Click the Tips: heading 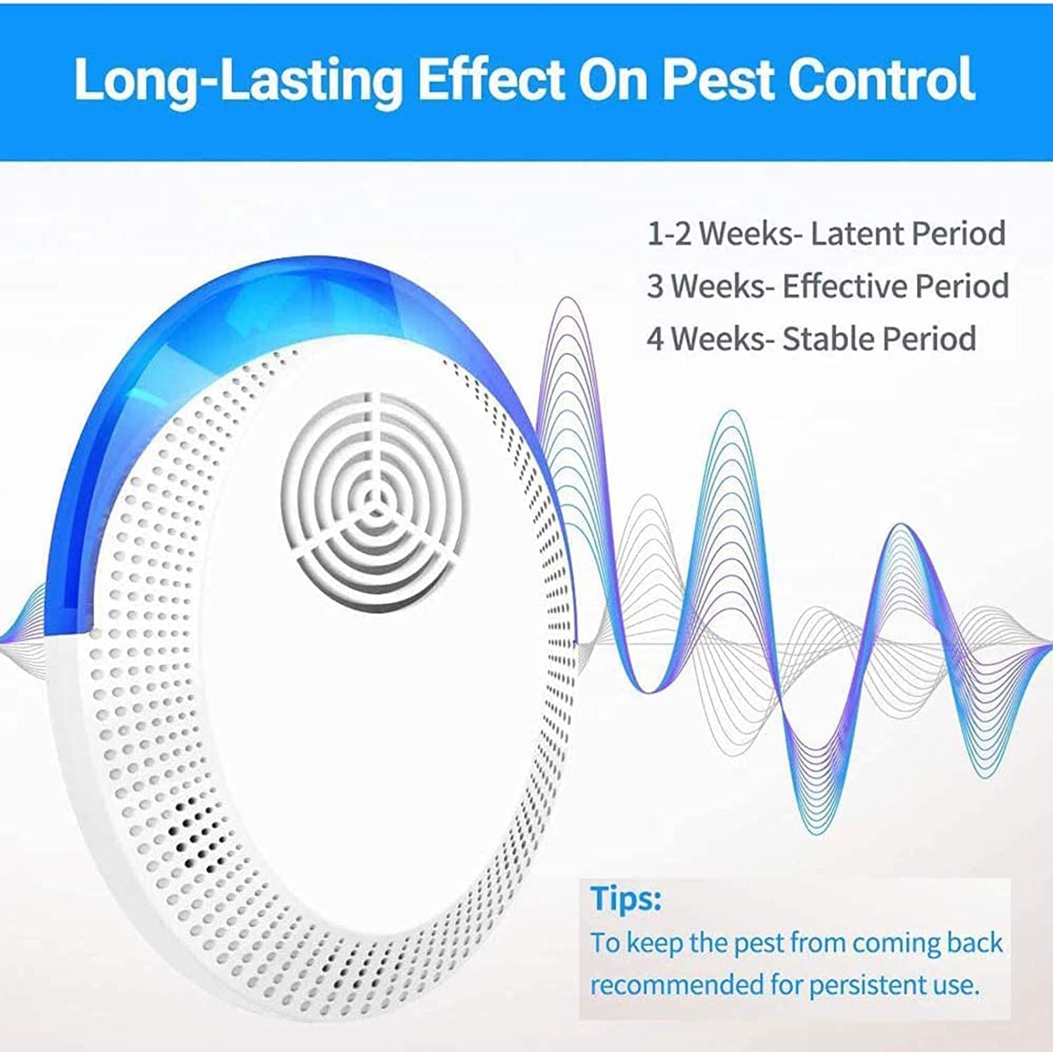pyautogui.click(x=625, y=899)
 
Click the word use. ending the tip pyautogui.click(x=957, y=985)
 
